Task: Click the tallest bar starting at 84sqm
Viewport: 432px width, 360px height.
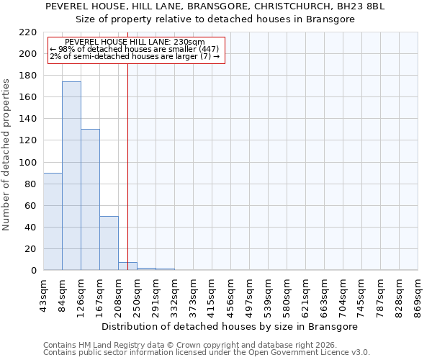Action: coord(71,176)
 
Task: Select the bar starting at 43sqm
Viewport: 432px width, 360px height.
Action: coord(53,221)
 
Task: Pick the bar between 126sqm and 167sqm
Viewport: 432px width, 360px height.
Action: coord(90,199)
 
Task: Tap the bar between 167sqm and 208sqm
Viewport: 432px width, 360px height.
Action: coord(109,243)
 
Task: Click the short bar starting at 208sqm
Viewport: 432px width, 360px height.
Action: coord(127,266)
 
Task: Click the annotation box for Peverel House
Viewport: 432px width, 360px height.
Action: coord(136,50)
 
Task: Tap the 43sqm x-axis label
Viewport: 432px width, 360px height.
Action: coord(43,295)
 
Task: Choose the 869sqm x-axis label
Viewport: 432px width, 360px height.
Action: coord(418,295)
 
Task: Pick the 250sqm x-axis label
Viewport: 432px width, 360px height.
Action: coord(137,295)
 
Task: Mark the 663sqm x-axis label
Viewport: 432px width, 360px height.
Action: coord(324,295)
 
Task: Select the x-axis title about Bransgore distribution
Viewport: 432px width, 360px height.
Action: coord(230,326)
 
